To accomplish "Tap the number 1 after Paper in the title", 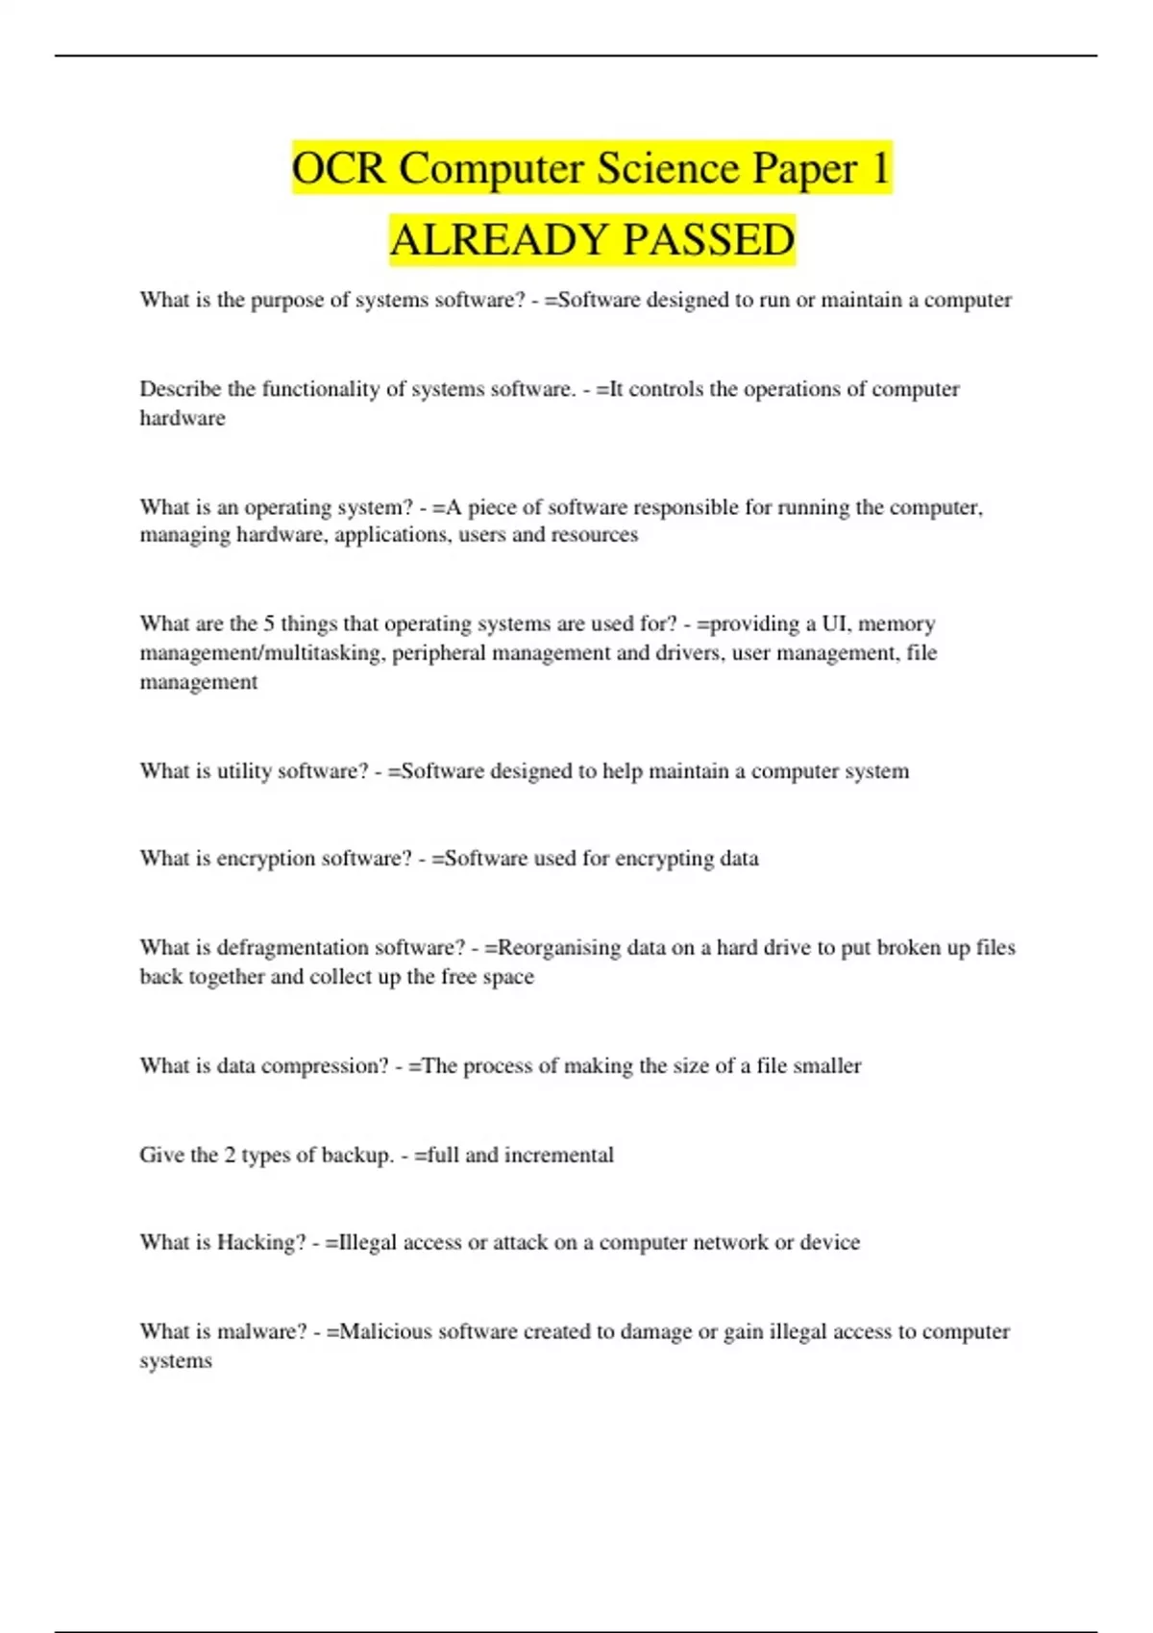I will coord(879,169).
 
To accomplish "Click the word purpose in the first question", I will coord(287,301).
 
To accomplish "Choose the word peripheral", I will coord(437,653).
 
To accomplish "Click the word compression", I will coord(325,1066).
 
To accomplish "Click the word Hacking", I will coord(260,1243).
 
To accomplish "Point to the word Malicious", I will coord(385,1332).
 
